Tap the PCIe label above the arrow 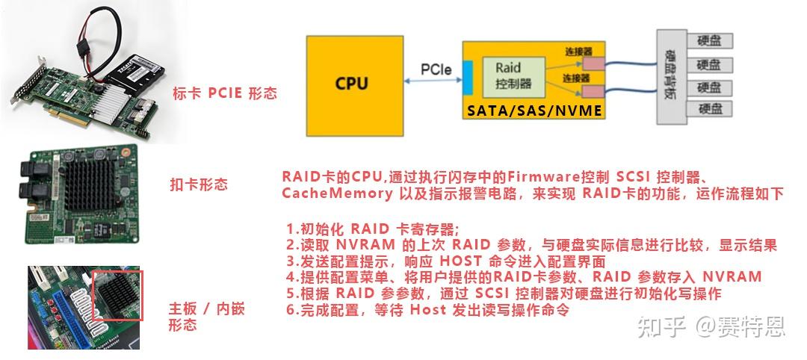[436, 69]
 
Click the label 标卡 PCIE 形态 [224, 93]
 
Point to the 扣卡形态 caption [199, 184]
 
